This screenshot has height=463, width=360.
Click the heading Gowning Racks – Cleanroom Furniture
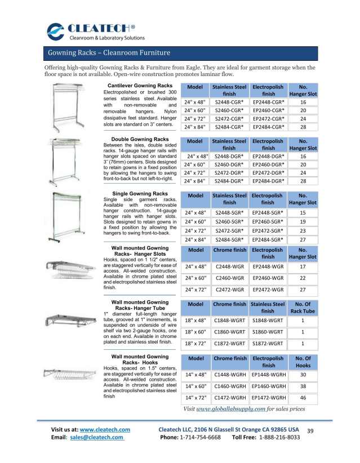point(108,54)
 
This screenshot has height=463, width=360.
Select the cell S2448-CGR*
point(229,103)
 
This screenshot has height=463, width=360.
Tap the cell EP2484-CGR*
point(268,127)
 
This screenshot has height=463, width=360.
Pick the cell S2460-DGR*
point(229,164)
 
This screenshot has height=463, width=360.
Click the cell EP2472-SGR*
point(268,231)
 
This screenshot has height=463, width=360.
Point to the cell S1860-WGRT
point(268,332)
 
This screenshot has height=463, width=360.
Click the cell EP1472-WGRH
point(268,397)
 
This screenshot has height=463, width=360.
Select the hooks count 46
point(303,397)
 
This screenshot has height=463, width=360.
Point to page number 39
point(309,431)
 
